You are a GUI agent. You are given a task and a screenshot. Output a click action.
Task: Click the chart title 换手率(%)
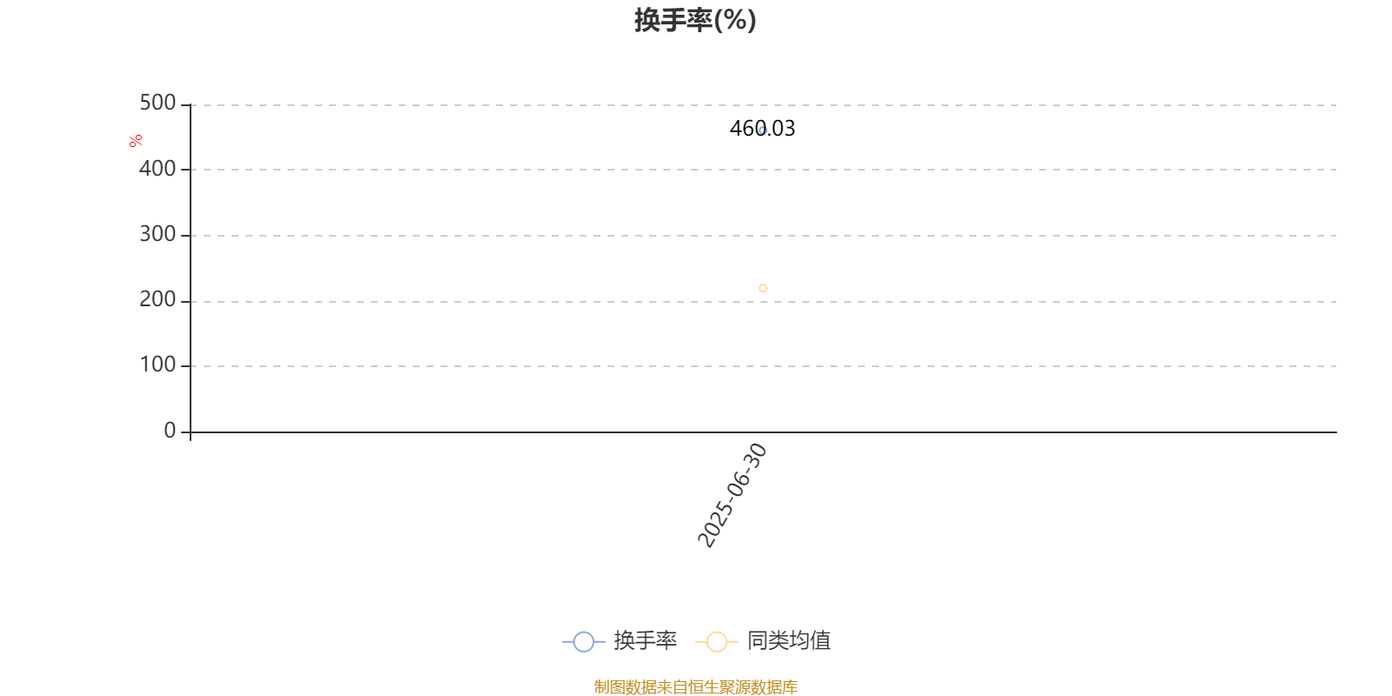[x=695, y=21]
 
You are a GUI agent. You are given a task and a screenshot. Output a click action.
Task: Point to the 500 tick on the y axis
[x=157, y=103]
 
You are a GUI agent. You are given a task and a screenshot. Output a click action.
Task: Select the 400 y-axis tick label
[x=157, y=169]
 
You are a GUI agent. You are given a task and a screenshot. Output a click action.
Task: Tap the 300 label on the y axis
[x=157, y=234]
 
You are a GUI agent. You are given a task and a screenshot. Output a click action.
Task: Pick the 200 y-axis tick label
[x=157, y=299]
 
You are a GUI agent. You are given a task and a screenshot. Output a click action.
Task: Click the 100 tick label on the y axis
[x=157, y=365]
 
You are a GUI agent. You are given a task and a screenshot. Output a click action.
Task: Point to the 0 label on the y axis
[x=170, y=430]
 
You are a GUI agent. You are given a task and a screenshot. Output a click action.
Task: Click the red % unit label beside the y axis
[x=136, y=141]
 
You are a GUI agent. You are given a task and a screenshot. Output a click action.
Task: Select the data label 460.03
[x=762, y=129]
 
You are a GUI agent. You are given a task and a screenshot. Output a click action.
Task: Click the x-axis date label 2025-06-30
[x=733, y=495]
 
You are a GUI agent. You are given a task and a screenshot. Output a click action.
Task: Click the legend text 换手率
[x=645, y=640]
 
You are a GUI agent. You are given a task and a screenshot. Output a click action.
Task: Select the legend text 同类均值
[x=788, y=640]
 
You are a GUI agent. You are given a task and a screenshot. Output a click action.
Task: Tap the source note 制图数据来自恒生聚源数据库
[x=695, y=686]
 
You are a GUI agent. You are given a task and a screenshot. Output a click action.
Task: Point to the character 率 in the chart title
[x=699, y=21]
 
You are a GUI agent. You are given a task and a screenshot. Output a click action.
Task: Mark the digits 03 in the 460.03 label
[x=784, y=129]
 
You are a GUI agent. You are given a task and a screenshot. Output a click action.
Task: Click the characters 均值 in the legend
[x=810, y=640]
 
